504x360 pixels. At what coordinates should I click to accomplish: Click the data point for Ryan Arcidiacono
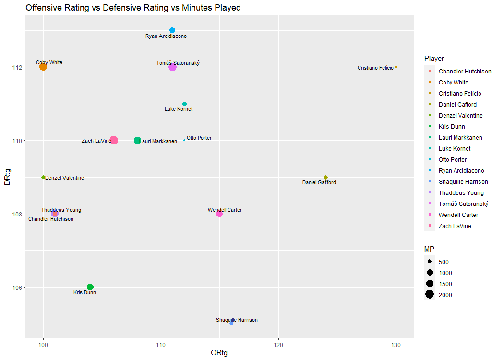point(172,30)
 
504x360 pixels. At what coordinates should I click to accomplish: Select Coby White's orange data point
point(43,67)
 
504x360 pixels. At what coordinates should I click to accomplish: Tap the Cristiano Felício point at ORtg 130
point(396,67)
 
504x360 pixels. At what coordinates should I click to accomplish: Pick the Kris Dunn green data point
point(90,287)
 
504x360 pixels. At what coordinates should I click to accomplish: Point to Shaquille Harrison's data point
point(231,324)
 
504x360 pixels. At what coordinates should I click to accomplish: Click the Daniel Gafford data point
point(325,178)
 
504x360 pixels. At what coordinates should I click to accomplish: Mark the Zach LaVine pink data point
point(114,140)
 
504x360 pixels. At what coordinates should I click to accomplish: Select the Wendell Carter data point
point(219,214)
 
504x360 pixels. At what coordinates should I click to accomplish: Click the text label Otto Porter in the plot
point(199,138)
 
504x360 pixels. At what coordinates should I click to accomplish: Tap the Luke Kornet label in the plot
point(179,109)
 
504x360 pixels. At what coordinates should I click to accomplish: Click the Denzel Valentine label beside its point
point(65,178)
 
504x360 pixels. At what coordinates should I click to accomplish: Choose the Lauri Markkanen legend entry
point(460,138)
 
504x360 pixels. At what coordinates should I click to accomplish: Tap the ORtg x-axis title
point(219,353)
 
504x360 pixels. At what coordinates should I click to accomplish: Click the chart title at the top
point(133,8)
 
